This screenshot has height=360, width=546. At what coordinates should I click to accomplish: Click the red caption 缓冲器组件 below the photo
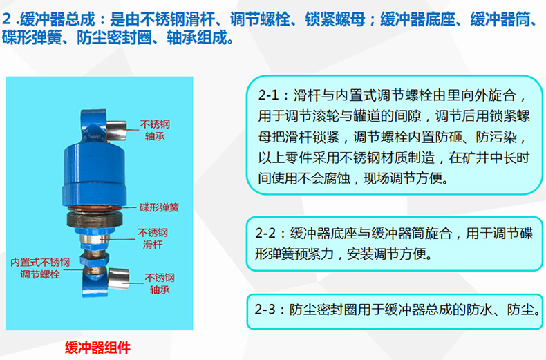97,348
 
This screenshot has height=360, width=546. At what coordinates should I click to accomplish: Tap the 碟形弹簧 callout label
159,207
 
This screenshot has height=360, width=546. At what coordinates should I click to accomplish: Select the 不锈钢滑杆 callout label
153,238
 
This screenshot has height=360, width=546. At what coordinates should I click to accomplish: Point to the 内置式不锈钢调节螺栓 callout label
40,268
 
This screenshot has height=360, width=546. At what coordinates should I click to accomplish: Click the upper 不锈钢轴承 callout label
155,130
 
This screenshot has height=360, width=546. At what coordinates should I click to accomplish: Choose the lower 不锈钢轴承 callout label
160,283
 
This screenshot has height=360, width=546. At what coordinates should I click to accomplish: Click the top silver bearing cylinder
116,130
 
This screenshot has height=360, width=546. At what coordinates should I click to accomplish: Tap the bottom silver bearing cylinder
118,279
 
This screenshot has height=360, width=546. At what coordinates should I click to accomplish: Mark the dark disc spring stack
95,219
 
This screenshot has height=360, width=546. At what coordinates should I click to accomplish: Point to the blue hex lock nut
94,258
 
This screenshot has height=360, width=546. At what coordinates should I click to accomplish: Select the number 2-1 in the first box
268,95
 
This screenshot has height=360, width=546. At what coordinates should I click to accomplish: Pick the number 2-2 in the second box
265,233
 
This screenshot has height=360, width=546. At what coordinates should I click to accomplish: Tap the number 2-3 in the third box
265,309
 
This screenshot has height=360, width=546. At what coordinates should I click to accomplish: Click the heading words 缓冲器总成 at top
58,19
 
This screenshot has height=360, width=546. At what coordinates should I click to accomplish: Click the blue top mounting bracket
93,126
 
